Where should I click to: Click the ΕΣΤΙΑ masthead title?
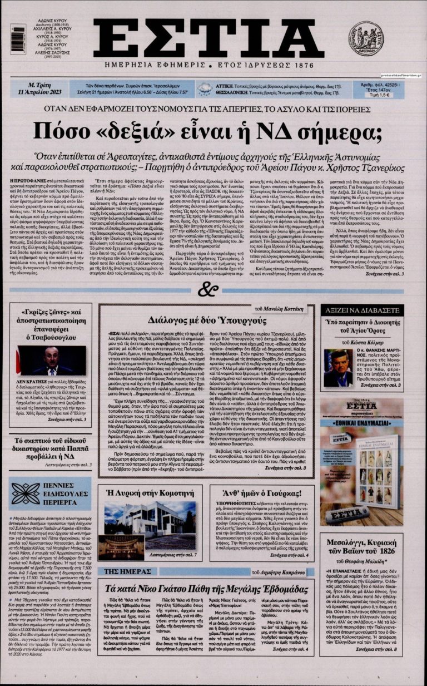[208, 38]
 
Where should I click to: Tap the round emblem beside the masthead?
[365, 38]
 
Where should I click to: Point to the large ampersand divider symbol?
[207, 289]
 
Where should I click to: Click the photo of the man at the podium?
[51, 360]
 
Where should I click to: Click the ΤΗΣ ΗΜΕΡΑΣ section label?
[121, 571]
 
